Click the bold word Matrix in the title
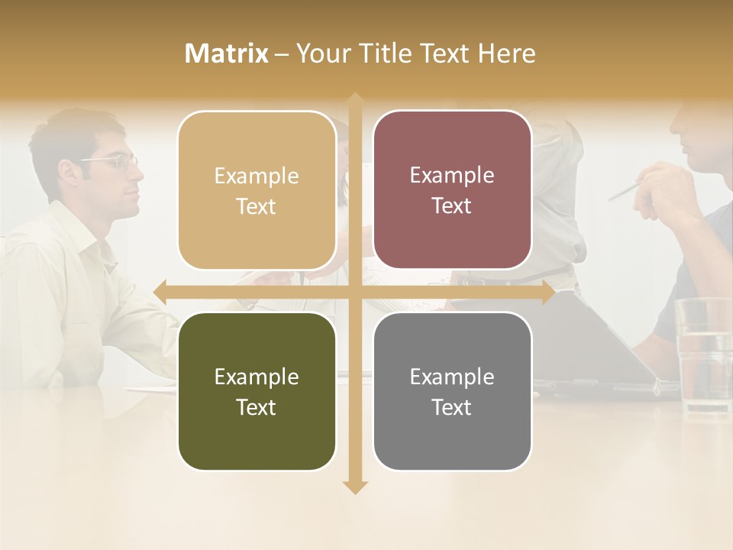[x=227, y=53]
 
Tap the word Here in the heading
[x=506, y=53]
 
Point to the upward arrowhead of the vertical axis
[x=355, y=100]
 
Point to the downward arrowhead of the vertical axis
[x=355, y=487]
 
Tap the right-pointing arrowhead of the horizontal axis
[x=548, y=292]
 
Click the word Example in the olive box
[x=257, y=377]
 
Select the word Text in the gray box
[x=452, y=407]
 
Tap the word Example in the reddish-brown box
[x=452, y=175]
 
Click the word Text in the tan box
[x=257, y=206]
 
